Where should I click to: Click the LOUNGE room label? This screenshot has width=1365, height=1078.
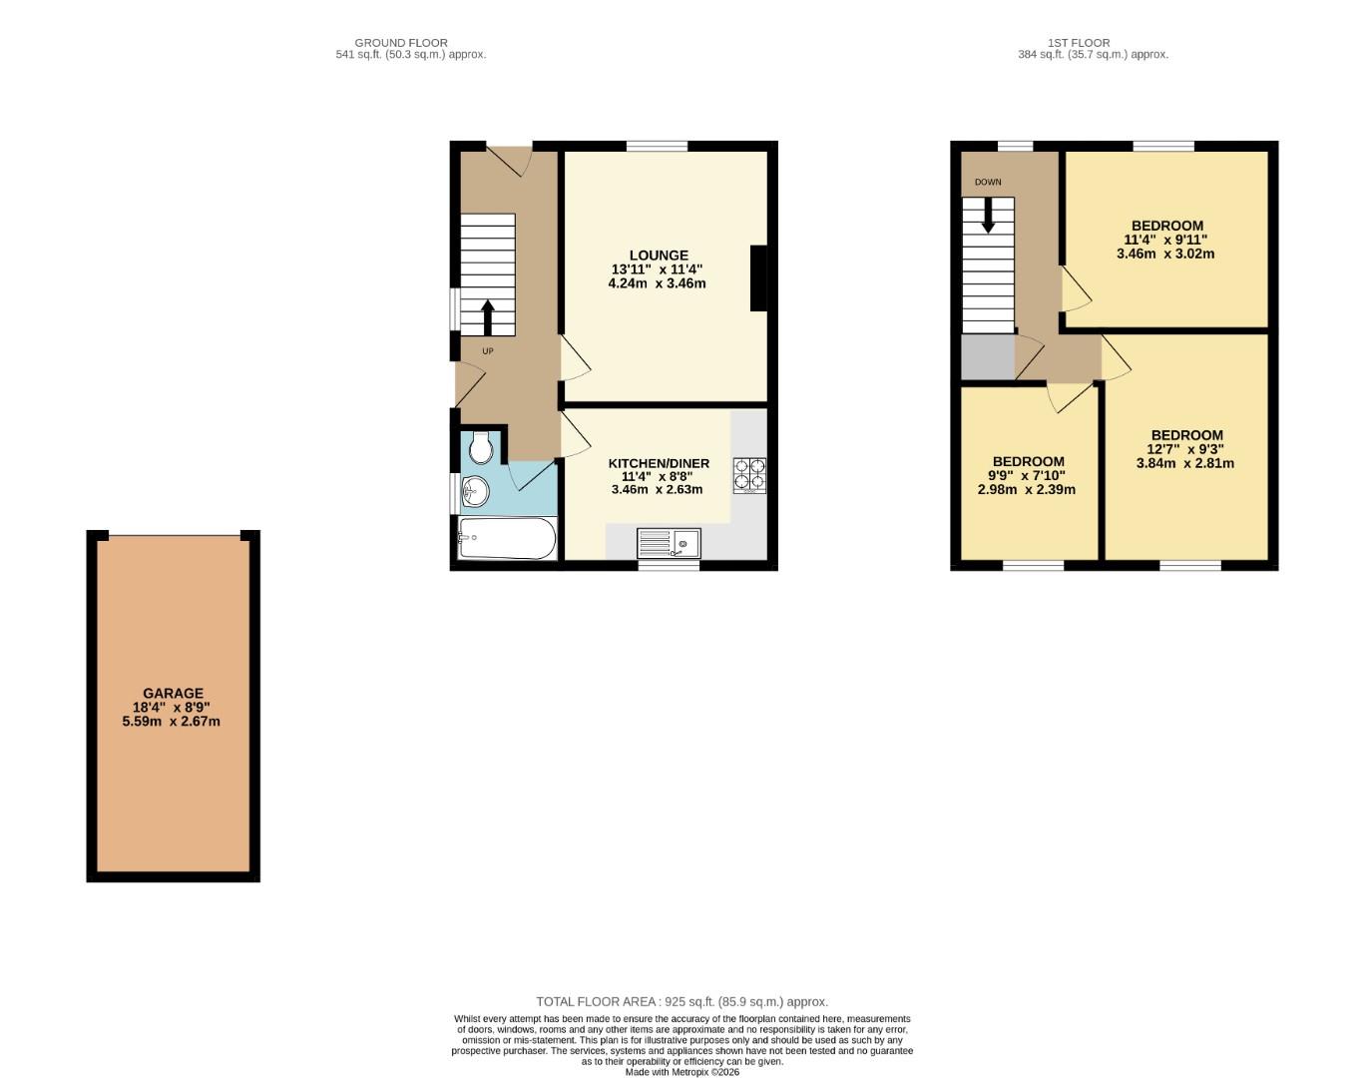658,256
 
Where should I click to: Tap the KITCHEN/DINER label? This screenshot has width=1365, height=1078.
659,463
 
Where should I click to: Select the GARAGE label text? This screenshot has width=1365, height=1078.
173,693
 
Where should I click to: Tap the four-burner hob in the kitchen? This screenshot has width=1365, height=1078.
749,475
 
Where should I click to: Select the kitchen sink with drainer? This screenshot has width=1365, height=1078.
669,543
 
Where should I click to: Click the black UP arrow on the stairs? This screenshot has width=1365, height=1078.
488,317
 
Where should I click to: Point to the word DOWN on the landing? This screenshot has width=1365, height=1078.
988,183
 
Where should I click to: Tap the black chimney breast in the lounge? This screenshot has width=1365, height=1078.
758,278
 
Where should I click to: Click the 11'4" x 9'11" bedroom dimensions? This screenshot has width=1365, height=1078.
1165,240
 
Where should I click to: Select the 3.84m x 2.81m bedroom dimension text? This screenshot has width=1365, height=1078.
1185,463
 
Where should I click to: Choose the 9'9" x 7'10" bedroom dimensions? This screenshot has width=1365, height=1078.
1027,475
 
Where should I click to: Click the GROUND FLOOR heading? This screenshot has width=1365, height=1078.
401,43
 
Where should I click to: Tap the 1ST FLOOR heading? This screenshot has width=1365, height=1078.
1079,43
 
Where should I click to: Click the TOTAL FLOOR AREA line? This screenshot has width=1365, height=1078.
682,1001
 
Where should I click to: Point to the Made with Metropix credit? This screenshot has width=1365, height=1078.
682,1072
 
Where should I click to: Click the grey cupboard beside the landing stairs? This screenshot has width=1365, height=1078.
987,357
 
